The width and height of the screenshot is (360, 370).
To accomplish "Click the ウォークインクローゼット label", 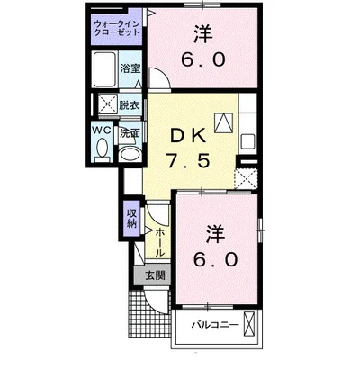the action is coord(117,28).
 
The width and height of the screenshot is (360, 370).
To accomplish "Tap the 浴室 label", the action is coord(130,68).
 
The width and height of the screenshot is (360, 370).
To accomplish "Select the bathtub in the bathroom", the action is coord(104,69).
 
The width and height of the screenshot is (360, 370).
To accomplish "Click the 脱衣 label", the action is coord(130,105).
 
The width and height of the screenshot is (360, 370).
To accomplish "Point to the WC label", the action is coord(102,131).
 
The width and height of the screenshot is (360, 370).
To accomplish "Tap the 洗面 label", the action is coord(130,133).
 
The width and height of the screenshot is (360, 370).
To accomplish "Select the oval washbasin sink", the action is coord(130,154).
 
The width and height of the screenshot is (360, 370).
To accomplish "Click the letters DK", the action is coord(188,137).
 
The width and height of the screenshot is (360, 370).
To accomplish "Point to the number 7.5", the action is coord(188,160).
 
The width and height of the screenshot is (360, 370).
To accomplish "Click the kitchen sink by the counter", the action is coord(247,140).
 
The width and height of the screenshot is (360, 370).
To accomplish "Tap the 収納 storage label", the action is coord(131,218).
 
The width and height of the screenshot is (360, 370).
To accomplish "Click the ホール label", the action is coord(160,242).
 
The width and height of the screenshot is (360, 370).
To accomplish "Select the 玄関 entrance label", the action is coord(155,275).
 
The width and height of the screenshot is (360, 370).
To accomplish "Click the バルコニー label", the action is coord(216,325).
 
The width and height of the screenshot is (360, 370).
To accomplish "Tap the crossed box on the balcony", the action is coord(249,324).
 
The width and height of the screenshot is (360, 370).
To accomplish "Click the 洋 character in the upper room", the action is coord(202,33).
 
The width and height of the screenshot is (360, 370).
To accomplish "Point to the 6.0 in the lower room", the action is coord(215,259).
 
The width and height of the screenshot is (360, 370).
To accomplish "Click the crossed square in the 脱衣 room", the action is coord(108,104).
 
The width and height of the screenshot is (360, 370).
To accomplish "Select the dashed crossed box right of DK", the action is coord(246,178).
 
